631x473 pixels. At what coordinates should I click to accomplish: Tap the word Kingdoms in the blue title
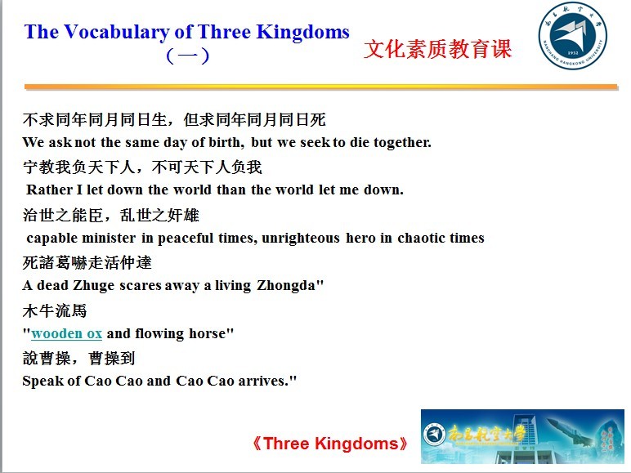(x=303, y=32)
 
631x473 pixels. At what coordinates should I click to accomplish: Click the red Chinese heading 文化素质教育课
(x=437, y=49)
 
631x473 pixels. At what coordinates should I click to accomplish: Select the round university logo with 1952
(x=573, y=35)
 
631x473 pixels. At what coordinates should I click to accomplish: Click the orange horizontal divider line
(x=320, y=87)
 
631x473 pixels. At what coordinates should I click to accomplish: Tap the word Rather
(x=49, y=190)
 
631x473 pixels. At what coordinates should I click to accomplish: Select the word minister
(x=109, y=238)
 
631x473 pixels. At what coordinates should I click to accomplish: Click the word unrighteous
(x=301, y=238)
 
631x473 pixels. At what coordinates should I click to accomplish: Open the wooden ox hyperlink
(x=66, y=333)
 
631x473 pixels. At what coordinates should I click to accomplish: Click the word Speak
(x=43, y=381)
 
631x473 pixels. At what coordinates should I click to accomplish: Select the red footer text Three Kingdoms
(x=329, y=444)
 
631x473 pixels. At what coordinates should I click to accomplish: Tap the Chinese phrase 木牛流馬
(x=55, y=311)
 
